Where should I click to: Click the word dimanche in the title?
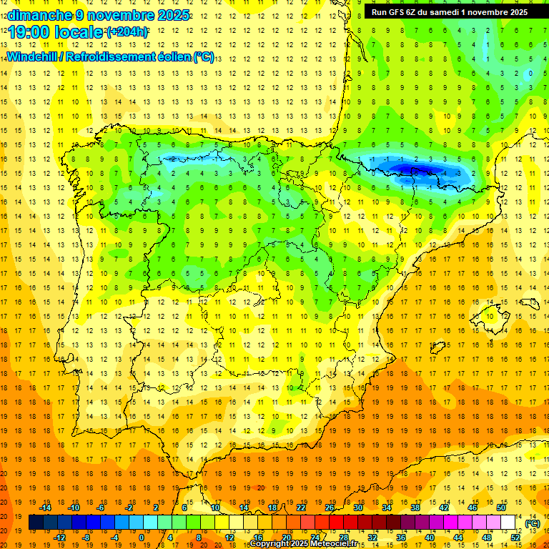tap(37, 15)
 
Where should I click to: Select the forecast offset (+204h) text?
tap(127, 31)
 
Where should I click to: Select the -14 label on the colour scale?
tap(45, 507)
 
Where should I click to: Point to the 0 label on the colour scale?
tap(142, 538)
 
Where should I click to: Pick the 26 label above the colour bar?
tap(330, 507)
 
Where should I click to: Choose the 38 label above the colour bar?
tap(415, 507)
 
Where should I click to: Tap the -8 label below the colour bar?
tap(87, 538)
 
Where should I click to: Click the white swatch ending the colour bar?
tap(508, 523)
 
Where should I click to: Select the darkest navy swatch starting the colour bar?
tap(36, 523)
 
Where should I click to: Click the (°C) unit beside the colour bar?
tap(533, 523)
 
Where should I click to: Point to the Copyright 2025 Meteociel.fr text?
tap(303, 544)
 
